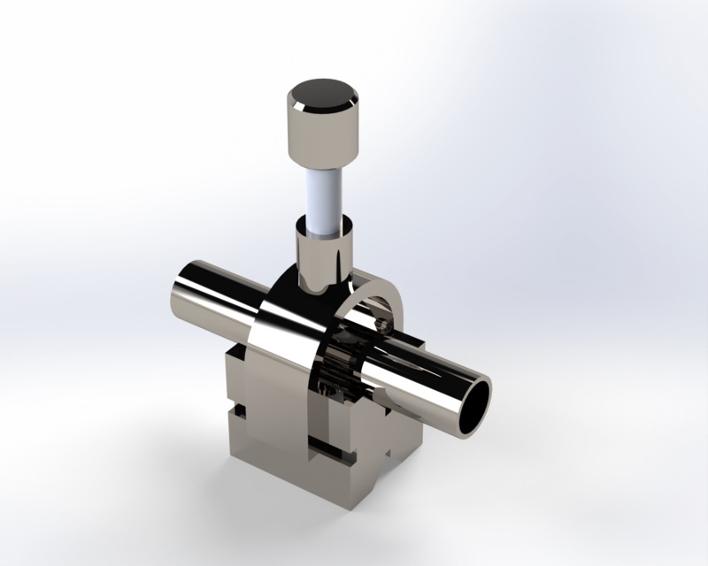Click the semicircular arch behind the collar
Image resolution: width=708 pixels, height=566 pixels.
click(381, 296)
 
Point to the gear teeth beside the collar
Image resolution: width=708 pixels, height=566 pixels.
click(341, 363)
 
